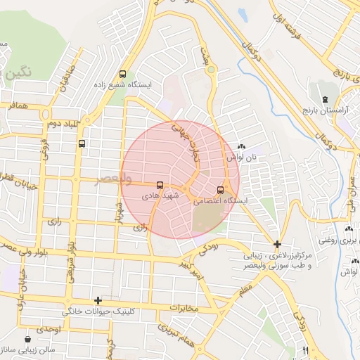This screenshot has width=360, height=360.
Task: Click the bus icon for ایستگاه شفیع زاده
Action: (x=124, y=74)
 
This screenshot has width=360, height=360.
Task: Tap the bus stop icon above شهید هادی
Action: (x=160, y=185)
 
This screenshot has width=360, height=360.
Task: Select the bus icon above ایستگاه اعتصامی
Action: (x=221, y=190)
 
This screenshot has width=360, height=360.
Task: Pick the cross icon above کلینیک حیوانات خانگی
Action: (x=98, y=300)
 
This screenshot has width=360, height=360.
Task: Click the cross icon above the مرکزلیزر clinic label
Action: (x=278, y=243)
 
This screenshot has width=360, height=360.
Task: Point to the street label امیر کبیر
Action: (x=191, y=269)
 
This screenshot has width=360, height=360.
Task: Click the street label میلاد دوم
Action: (x=62, y=124)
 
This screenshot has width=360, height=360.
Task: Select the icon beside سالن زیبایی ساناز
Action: (x=27, y=338)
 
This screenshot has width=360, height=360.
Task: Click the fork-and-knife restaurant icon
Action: (x=305, y=350)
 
